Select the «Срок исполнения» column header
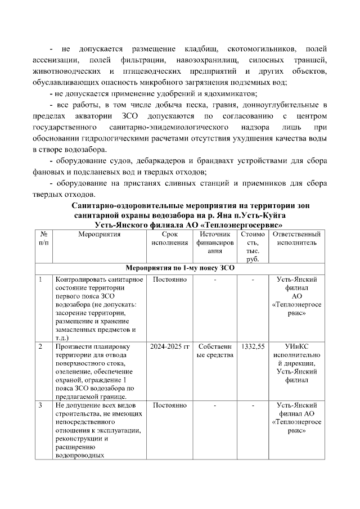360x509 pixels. tap(169, 238)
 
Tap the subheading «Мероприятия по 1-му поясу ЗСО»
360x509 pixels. tap(179, 268)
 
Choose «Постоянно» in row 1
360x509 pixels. tap(169, 280)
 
